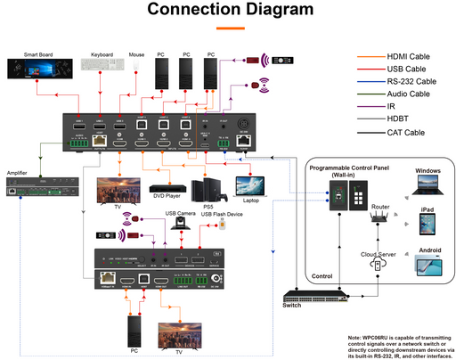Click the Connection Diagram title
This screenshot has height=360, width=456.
[x=230, y=10]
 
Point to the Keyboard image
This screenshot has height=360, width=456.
[x=102, y=66]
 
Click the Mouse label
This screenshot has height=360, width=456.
[x=136, y=54]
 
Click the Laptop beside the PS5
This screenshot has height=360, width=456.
[x=252, y=184]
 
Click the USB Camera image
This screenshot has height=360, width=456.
[x=181, y=225]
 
